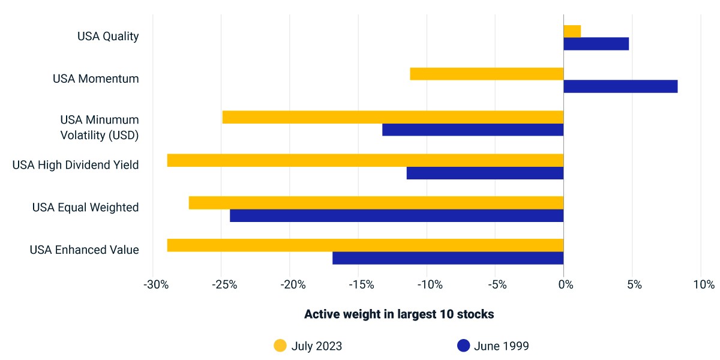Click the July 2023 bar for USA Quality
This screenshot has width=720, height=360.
click(572, 31)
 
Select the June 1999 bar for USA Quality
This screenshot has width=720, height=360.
click(596, 44)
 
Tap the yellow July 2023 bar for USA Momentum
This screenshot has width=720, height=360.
click(487, 74)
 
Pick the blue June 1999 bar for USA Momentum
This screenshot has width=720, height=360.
click(620, 86)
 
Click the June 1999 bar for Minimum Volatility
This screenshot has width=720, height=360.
click(473, 130)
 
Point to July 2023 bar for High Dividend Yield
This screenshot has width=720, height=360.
click(365, 160)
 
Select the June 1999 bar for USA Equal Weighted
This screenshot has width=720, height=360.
click(397, 215)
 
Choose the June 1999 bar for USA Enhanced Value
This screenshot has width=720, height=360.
click(448, 258)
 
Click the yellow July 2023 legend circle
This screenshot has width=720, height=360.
click(280, 346)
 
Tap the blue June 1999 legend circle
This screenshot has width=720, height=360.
click(463, 346)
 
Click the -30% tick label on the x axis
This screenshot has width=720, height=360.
click(156, 284)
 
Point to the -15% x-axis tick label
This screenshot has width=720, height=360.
click(362, 284)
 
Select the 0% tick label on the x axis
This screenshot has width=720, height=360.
click(566, 284)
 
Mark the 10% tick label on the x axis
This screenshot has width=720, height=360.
click(704, 284)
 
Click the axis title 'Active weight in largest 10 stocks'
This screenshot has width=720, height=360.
click(399, 314)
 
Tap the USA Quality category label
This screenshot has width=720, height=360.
click(108, 37)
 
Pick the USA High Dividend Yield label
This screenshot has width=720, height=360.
click(76, 165)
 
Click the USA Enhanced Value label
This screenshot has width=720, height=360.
click(84, 250)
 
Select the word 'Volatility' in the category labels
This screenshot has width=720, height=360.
click(83, 136)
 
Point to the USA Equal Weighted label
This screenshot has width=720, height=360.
click(85, 208)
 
